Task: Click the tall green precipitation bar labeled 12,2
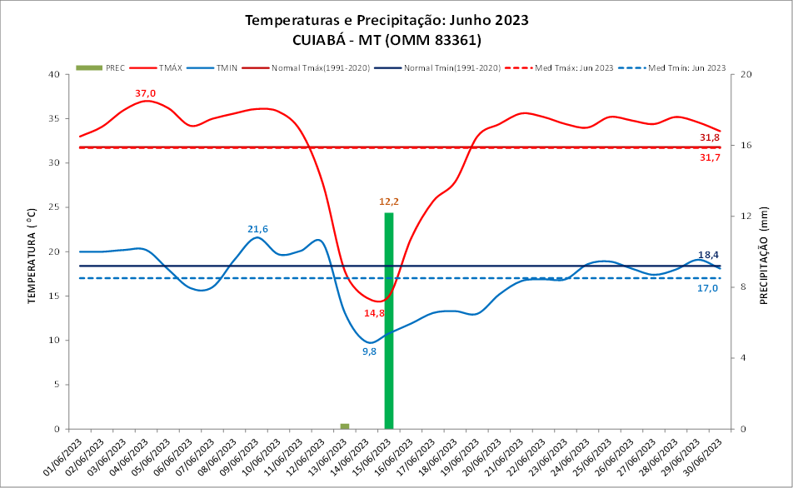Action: pos(389,321)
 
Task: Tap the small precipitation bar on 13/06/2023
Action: pos(344,426)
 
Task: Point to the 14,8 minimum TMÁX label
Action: pos(374,313)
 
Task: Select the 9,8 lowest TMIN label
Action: pos(369,351)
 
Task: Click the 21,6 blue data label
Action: pos(257,229)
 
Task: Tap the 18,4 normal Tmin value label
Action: pos(708,255)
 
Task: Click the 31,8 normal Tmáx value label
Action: pos(710,137)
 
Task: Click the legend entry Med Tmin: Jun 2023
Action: pos(686,67)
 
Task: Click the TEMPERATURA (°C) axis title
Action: pos(34,251)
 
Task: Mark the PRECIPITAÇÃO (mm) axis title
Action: pos(763,251)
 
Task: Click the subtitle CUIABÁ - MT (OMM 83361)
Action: pos(387,40)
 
